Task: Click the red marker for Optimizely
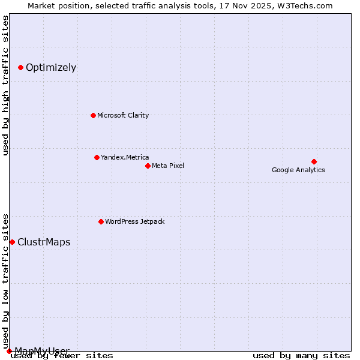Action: [20, 67]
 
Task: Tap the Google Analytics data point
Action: [314, 161]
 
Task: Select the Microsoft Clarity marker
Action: [93, 115]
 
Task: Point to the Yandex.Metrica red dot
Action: [97, 157]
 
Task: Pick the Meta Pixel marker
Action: [148, 166]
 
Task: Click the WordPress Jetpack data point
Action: [101, 221]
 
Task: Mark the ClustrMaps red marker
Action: [12, 242]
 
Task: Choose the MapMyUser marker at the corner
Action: [9, 351]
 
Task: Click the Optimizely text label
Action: [51, 67]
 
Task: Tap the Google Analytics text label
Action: [298, 170]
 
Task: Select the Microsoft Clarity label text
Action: [123, 115]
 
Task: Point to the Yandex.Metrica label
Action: [125, 157]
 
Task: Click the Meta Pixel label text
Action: [168, 166]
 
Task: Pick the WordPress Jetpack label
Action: [134, 221]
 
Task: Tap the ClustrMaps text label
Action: [44, 242]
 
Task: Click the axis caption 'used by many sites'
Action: [301, 355]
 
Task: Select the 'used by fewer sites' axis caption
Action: [62, 355]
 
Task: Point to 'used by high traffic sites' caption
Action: [6, 85]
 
